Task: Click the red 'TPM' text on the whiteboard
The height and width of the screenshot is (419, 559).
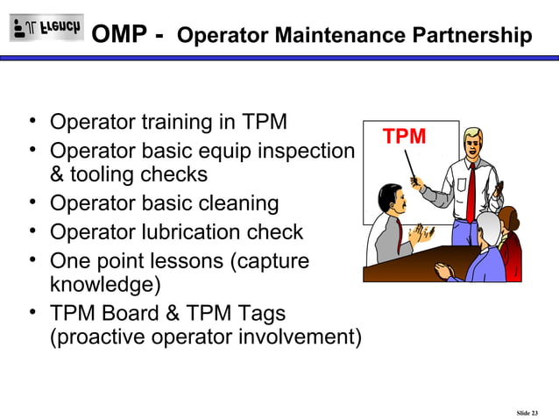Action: click(x=404, y=137)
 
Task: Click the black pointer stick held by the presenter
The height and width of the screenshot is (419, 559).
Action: click(x=409, y=166)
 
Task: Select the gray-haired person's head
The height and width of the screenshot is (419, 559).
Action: click(x=488, y=230)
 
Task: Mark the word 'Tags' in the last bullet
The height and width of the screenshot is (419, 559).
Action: click(x=260, y=312)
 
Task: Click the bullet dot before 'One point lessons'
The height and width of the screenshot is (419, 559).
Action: click(x=32, y=259)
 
